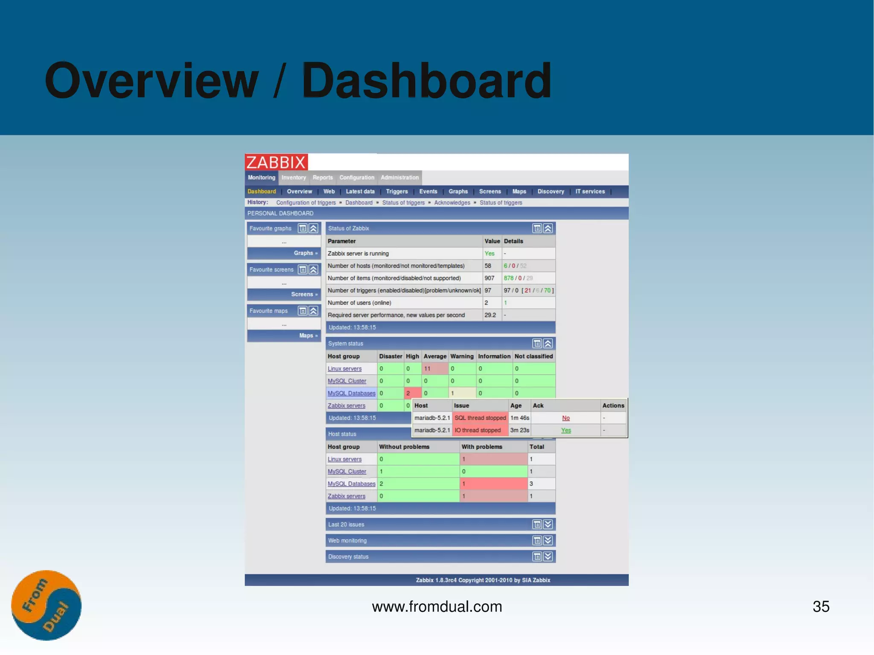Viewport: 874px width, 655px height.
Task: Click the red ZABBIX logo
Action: [x=276, y=162]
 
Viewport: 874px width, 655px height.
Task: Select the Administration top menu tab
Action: [x=399, y=178]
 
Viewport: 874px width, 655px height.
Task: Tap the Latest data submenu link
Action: [x=360, y=192]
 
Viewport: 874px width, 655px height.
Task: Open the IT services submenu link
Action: [x=590, y=192]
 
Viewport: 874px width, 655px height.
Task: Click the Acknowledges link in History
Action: [x=452, y=203]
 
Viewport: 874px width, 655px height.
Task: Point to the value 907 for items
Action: [x=489, y=278]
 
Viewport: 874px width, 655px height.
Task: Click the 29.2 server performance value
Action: [x=490, y=315]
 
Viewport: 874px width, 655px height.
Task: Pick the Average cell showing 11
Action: [x=428, y=369]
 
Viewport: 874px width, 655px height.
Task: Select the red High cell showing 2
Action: [x=408, y=393]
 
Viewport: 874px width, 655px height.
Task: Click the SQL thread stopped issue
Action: [x=480, y=418]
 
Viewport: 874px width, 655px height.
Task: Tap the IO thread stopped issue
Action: [x=478, y=431]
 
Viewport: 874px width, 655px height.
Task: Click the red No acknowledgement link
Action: [x=566, y=418]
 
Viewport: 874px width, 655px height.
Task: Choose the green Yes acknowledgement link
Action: [x=566, y=431]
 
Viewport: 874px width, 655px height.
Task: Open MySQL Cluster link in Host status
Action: [x=347, y=472]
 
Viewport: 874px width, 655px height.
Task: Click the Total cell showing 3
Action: [x=531, y=484]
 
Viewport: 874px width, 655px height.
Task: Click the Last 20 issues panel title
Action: [x=346, y=524]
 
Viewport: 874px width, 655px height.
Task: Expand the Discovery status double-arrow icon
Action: [x=548, y=556]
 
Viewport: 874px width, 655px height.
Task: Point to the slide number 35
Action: [x=821, y=606]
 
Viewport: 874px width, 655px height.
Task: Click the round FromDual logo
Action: [x=46, y=605]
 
